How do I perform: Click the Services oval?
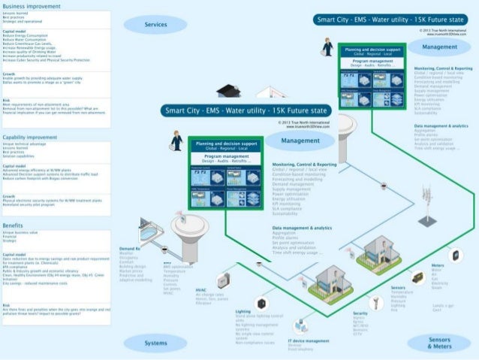pyautogui.click(x=155, y=25)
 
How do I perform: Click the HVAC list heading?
pyautogui.click(x=200, y=289)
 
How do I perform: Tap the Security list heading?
pyautogui.click(x=360, y=313)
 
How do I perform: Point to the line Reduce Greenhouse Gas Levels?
pyautogui.click(x=30, y=44)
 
